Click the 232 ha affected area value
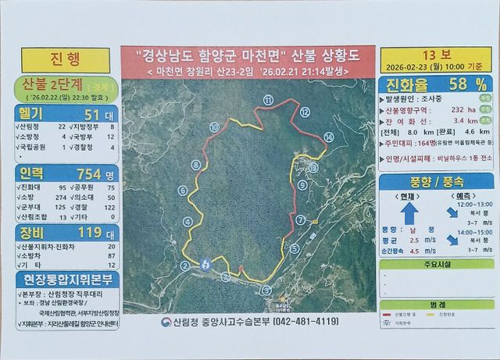click(x=458, y=112)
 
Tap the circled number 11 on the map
click(x=268, y=100)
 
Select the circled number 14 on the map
click(x=329, y=137)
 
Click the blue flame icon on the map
click(x=205, y=263)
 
